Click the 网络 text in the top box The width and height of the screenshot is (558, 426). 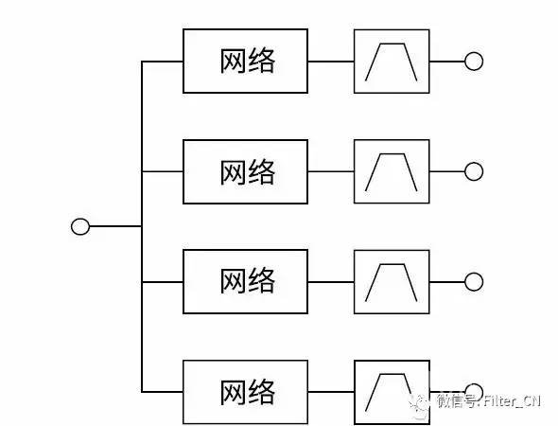click(248, 61)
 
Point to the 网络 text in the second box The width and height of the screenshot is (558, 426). click(248, 172)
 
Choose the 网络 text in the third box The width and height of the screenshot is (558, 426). click(248, 281)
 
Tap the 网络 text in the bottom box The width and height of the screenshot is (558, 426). click(248, 392)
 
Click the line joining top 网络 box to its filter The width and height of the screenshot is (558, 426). click(331, 62)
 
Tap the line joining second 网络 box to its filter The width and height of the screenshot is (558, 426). click(331, 171)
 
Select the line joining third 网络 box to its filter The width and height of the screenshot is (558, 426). click(331, 282)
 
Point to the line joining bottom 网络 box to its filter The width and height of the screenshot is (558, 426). click(331, 392)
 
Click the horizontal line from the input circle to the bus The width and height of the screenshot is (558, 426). click(115, 226)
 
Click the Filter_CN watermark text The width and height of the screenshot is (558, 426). click(513, 401)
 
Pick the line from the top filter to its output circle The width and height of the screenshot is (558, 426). click(447, 62)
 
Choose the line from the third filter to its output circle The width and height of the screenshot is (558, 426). click(447, 282)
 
